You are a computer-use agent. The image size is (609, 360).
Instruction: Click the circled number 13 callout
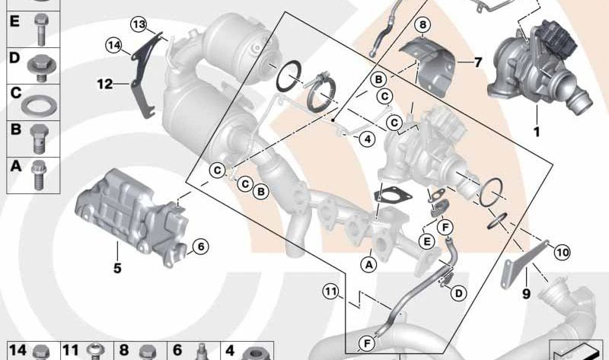click(138, 25)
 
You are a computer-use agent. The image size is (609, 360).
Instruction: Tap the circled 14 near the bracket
click(113, 46)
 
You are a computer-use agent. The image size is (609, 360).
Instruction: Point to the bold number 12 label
click(104, 83)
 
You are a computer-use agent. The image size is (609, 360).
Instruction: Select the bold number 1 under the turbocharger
click(536, 132)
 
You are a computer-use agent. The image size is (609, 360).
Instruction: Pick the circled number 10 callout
click(562, 251)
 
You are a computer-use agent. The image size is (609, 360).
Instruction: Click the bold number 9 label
click(525, 292)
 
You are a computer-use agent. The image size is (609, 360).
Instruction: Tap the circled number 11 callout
click(329, 291)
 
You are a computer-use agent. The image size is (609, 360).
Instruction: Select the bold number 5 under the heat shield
click(117, 267)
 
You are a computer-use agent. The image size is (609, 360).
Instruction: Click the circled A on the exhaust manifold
click(368, 264)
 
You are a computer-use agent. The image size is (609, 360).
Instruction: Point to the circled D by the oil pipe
click(459, 293)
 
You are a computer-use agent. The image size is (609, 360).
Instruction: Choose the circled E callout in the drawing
click(426, 241)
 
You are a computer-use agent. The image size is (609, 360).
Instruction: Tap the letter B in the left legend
click(13, 131)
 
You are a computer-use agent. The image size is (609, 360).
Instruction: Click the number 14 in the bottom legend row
click(18, 352)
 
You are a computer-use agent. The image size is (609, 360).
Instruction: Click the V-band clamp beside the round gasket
click(319, 91)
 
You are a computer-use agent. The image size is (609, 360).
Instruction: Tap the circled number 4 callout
click(367, 139)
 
